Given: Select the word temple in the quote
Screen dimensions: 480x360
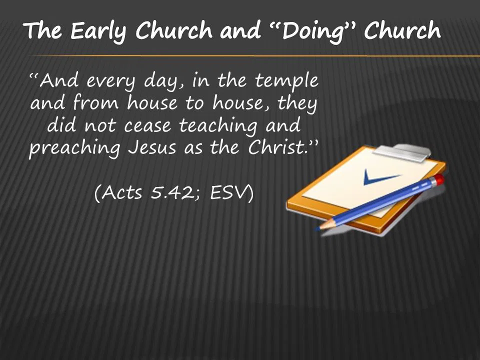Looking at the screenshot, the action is [x=286, y=81].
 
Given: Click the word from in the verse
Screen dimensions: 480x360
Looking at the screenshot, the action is [x=95, y=102].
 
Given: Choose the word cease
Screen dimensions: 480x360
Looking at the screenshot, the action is [x=147, y=126].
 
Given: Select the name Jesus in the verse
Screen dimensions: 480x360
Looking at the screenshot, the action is [x=152, y=147].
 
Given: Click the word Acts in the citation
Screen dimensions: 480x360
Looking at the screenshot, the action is [x=121, y=193].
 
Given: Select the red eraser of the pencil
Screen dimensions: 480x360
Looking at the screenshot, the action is [x=439, y=179].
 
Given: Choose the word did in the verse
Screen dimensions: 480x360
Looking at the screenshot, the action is [x=61, y=125].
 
